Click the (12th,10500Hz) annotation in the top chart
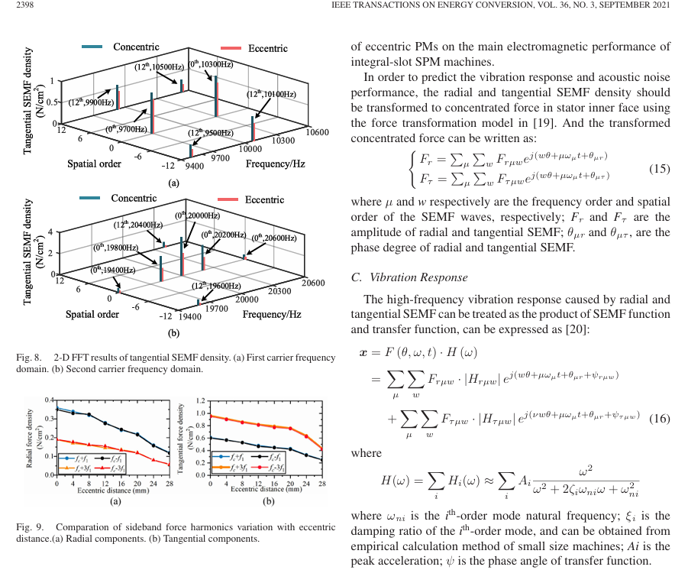[x=159, y=67]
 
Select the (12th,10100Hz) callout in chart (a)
[x=271, y=94]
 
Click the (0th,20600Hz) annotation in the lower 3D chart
[x=273, y=238]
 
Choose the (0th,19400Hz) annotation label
[x=113, y=270]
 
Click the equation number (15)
[x=659, y=169]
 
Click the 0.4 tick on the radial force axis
[x=50, y=400]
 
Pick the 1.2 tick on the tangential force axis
[x=201, y=400]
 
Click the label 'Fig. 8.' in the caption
[x=28, y=358]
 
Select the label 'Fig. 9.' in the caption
[x=28, y=526]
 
